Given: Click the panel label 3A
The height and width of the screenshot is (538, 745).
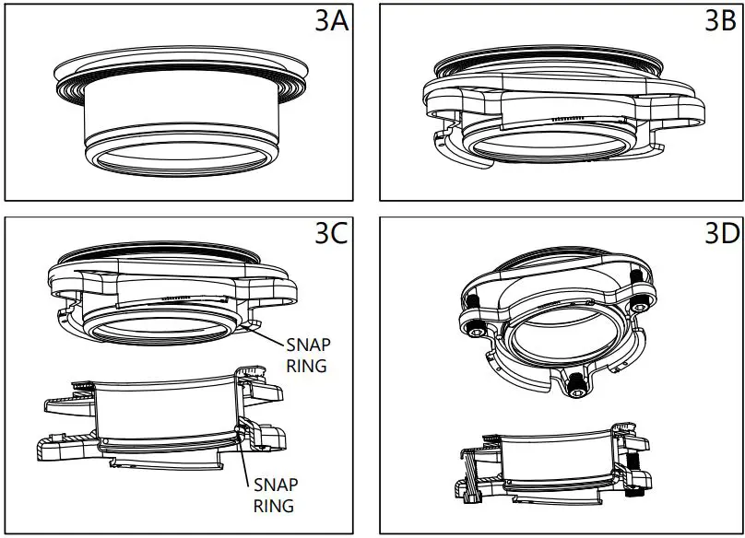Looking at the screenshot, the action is (332, 21).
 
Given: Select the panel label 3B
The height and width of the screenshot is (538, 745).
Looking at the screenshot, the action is (720, 21).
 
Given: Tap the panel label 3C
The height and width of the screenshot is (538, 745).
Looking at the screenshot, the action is (331, 233).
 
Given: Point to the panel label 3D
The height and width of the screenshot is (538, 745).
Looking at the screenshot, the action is (722, 233).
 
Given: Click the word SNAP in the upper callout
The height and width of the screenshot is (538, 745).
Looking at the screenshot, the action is (308, 345).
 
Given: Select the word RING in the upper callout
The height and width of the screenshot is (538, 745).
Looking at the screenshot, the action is (306, 366).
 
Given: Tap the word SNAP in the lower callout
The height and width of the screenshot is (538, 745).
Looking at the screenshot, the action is (276, 485).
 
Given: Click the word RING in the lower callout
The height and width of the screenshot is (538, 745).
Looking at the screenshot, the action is (274, 506).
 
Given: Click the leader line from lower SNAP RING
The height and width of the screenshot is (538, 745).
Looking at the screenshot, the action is (243, 457).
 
